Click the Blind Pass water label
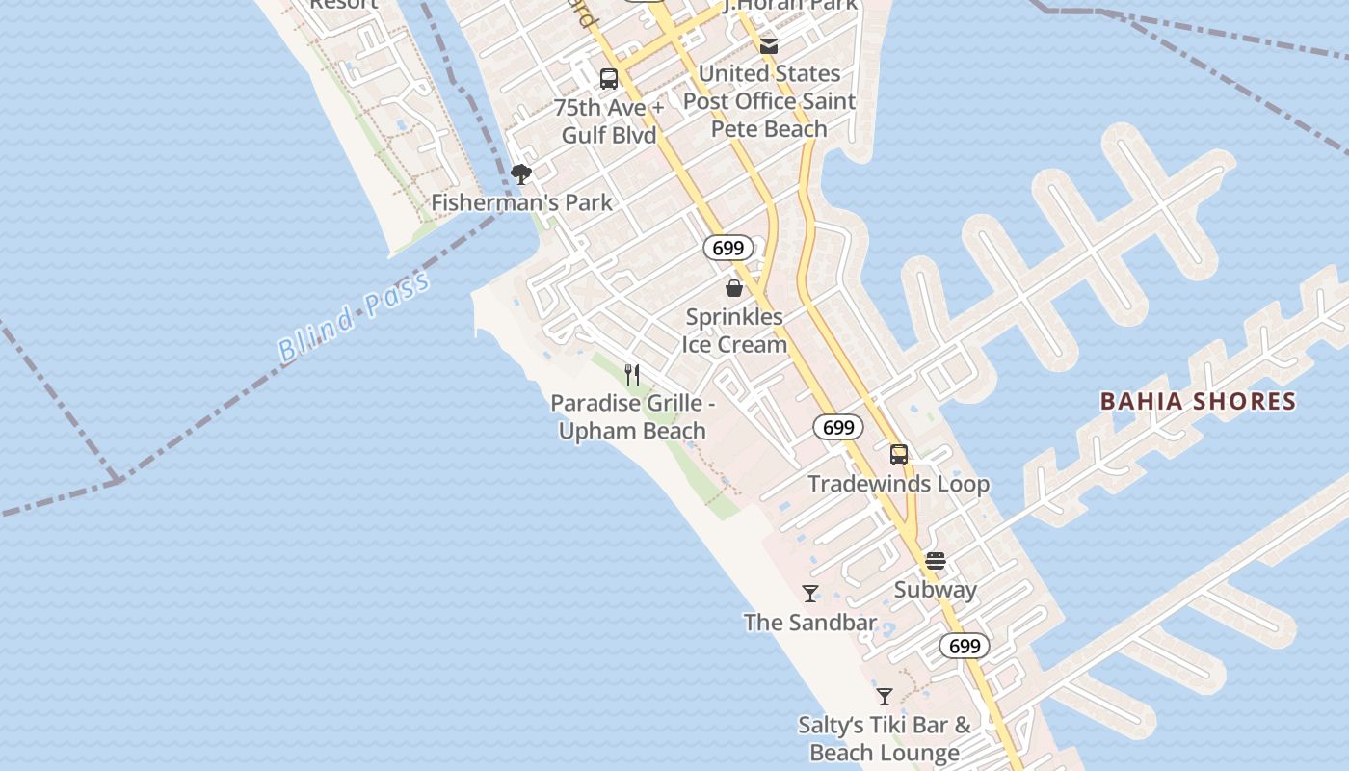[x=353, y=317]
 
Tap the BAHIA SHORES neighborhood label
[x=1198, y=401]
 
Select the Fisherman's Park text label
[x=521, y=202]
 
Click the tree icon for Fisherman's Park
[x=521, y=174]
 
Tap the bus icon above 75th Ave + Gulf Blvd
[x=609, y=79]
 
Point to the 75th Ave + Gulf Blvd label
[x=609, y=121]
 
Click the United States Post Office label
[x=769, y=101]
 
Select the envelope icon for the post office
[x=769, y=45]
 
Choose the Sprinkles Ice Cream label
[x=734, y=331]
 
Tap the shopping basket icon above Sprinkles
[x=734, y=288]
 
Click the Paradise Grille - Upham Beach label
[x=632, y=416]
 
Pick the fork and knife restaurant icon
[x=632, y=374]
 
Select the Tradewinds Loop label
[x=898, y=484]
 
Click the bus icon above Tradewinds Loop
[x=898, y=455]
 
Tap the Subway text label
[x=935, y=590]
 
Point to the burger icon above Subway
[x=935, y=561]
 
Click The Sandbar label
[x=810, y=623]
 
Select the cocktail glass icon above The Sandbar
[x=810, y=594]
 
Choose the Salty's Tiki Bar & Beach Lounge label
[x=885, y=738]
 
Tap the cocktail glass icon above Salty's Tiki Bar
[x=885, y=696]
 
